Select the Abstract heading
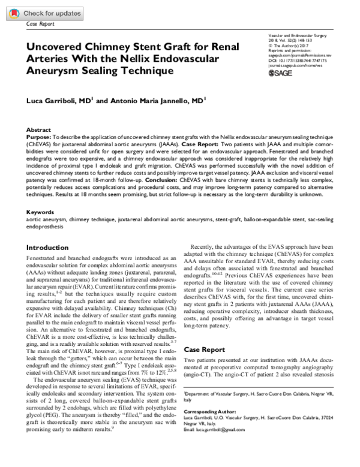39,130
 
